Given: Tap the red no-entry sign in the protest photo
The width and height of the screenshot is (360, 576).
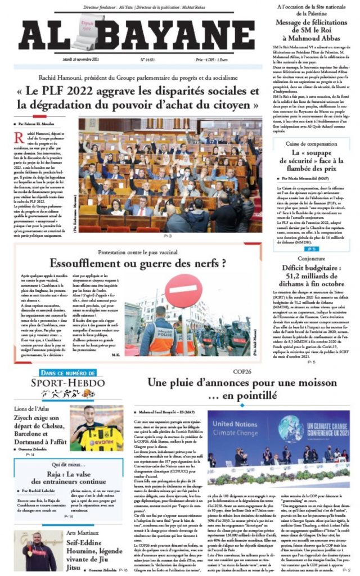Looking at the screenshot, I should tap(182, 291).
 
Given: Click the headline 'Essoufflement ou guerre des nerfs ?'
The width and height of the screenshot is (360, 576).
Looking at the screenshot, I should tap(138, 263).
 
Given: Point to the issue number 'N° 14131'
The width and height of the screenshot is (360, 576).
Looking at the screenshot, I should tap(148, 58).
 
